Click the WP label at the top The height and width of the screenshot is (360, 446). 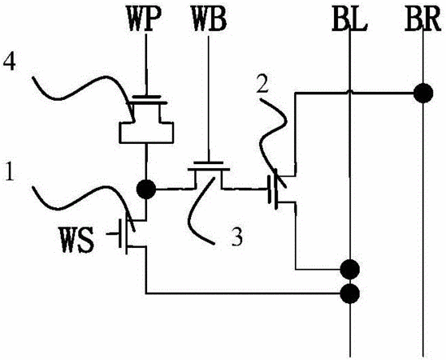point(144,21)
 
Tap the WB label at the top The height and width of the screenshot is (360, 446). point(209,21)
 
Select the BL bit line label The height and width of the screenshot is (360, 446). point(349,21)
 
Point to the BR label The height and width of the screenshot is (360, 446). point(423,21)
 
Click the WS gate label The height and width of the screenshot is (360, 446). point(77,240)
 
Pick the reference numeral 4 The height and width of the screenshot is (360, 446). point(9,63)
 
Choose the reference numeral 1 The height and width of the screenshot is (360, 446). point(10,172)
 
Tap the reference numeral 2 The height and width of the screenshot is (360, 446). point(262,84)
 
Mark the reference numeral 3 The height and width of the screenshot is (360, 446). point(237,237)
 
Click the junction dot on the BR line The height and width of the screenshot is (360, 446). point(424,93)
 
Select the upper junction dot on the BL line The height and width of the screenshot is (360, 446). point(350,270)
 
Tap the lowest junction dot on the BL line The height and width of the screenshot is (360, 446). point(350,294)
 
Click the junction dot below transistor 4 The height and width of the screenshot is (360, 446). point(146,190)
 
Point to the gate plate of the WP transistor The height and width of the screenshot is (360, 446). point(146,97)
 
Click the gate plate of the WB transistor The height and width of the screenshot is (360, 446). point(209,163)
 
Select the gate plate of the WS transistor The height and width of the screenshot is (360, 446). point(121,234)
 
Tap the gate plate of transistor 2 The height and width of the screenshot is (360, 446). point(269,190)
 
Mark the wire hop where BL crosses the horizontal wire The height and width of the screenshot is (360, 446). point(350,92)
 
